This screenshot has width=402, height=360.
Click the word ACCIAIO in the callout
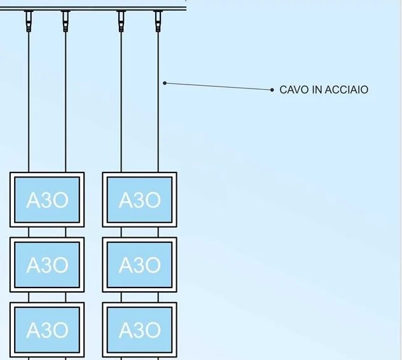(x=347, y=90)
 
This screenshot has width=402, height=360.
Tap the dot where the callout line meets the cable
(x=165, y=83)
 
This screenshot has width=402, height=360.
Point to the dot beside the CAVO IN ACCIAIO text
(x=272, y=90)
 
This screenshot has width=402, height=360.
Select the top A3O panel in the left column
(x=47, y=200)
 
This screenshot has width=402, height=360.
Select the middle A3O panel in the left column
(x=47, y=265)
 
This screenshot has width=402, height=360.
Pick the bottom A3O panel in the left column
(x=47, y=329)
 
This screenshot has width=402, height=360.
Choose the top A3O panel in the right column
(x=139, y=200)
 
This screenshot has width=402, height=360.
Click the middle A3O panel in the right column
(x=139, y=265)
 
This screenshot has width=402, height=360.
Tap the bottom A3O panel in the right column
(x=139, y=329)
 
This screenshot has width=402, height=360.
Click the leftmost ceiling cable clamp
(x=29, y=22)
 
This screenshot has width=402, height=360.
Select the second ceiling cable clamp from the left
(x=66, y=22)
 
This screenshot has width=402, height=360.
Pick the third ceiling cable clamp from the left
(x=121, y=22)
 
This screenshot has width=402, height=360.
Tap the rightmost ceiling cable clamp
(x=158, y=22)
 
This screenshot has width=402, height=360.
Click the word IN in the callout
(x=317, y=90)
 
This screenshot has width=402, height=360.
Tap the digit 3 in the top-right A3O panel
(x=139, y=200)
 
